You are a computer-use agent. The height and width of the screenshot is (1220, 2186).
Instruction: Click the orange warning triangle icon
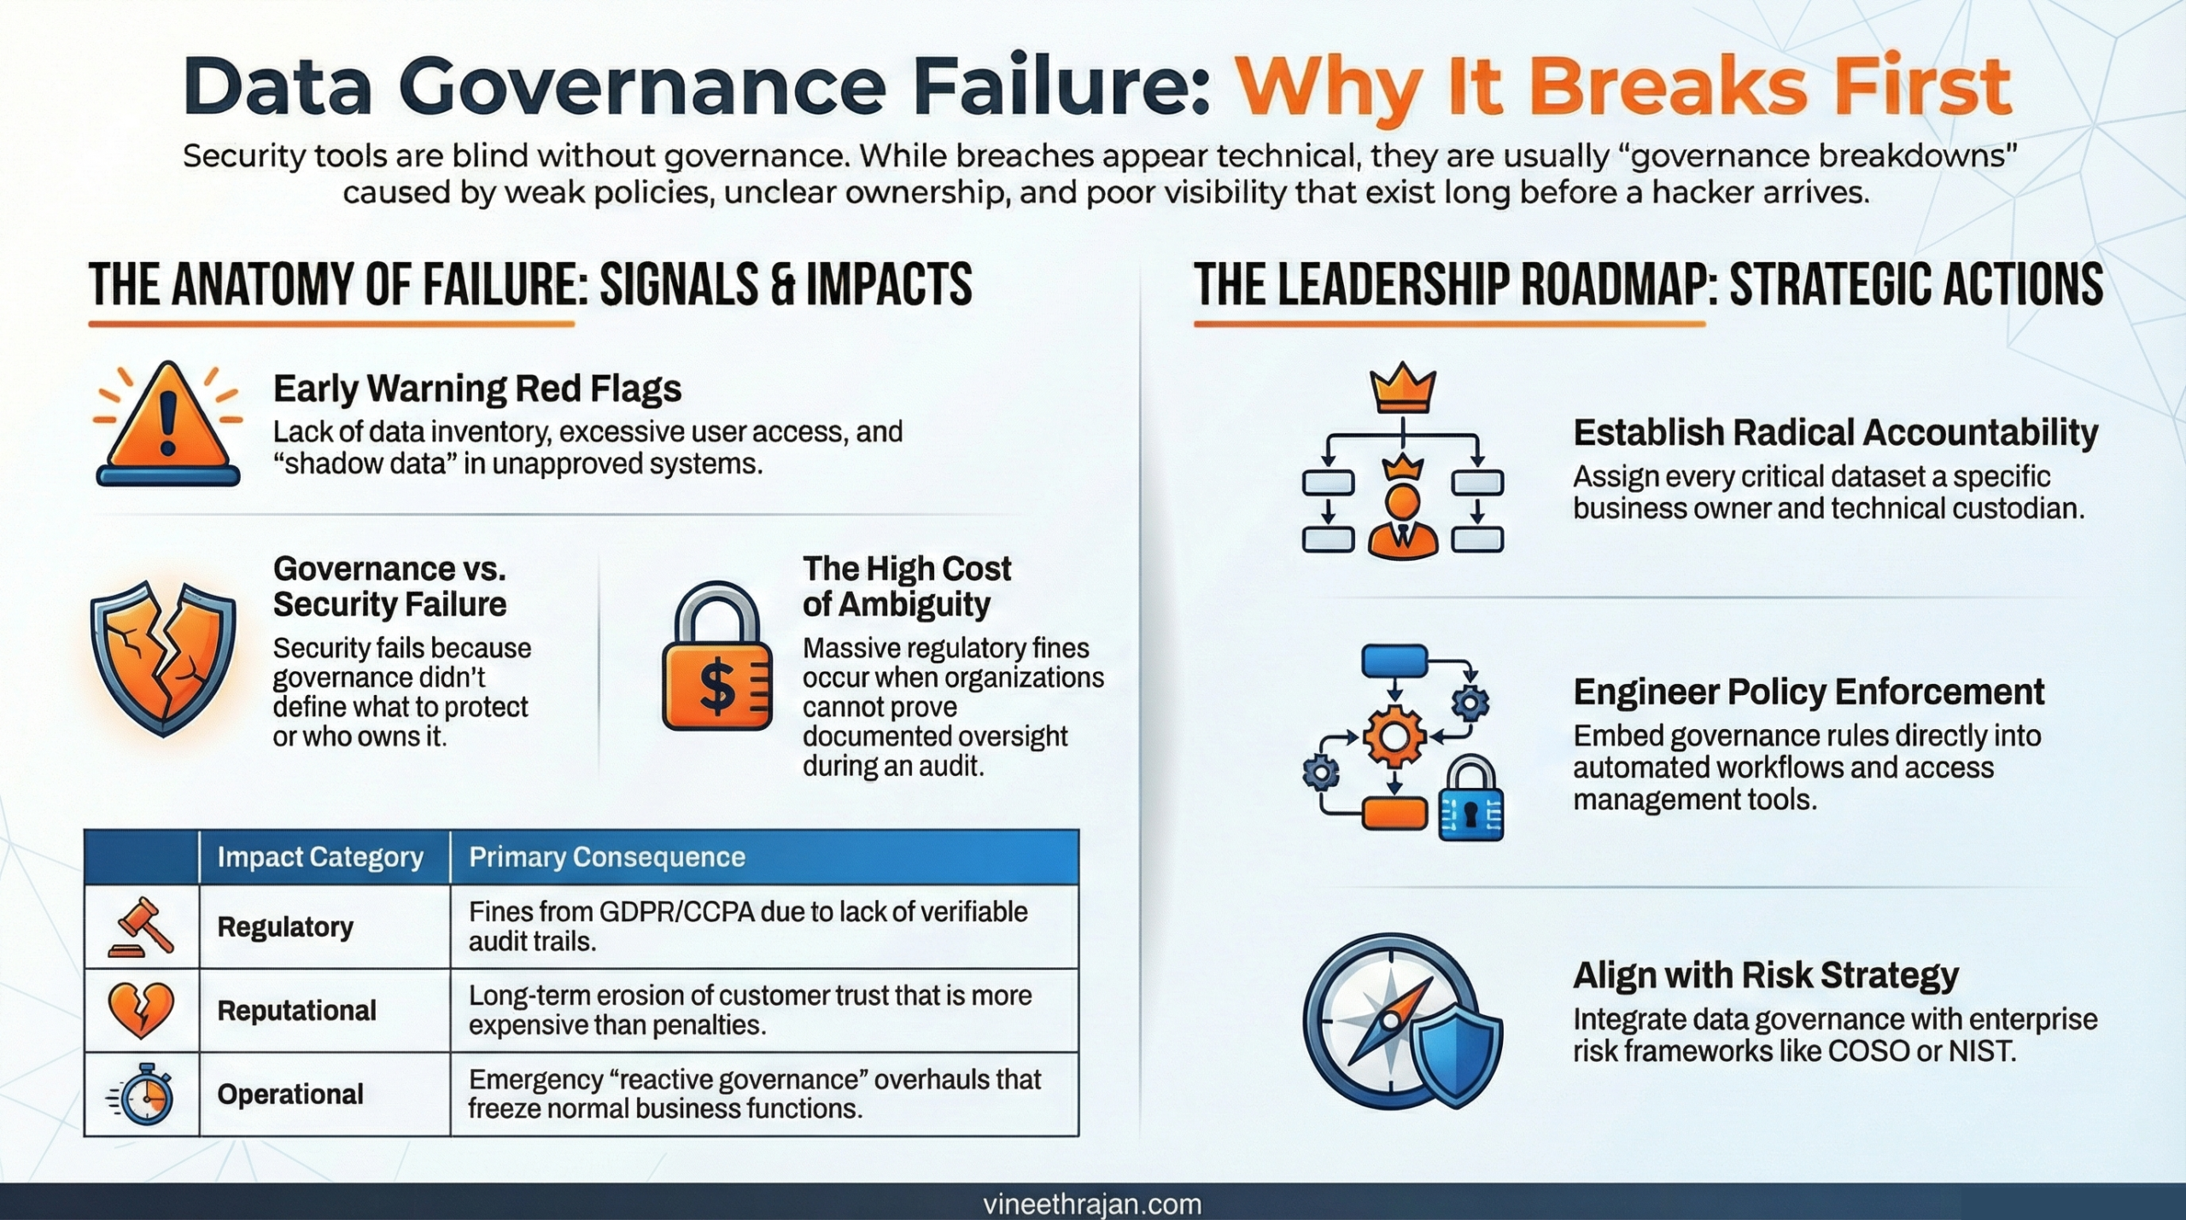[x=168, y=423]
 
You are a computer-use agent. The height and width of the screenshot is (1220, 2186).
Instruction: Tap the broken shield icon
[x=163, y=657]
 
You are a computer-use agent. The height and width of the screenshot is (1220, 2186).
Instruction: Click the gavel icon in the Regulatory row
[x=142, y=926]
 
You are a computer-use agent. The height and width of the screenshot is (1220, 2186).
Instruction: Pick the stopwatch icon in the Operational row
[x=143, y=1094]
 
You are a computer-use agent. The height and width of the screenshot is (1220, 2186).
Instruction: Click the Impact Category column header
[x=320, y=857]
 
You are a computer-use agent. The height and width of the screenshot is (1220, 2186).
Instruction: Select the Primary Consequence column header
[x=607, y=857]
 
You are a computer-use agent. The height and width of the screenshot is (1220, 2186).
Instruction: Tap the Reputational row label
[x=296, y=1011]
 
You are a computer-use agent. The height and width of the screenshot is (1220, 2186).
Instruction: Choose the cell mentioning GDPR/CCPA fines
[x=747, y=926]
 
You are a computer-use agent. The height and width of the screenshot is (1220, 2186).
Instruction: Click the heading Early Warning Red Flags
[x=476, y=389]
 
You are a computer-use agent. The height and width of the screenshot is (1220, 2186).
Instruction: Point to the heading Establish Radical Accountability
[x=1835, y=433]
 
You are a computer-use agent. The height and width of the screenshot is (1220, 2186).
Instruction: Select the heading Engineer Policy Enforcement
[x=1809, y=692]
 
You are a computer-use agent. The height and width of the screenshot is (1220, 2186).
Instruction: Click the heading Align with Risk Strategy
[x=1765, y=975]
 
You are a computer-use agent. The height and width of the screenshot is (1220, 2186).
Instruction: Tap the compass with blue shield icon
[x=1401, y=1020]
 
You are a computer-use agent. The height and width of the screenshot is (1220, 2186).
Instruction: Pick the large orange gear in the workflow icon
[x=1394, y=737]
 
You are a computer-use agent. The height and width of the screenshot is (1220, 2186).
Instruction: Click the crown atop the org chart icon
[x=1403, y=392]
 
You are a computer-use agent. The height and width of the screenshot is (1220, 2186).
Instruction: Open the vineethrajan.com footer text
[x=1092, y=1204]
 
